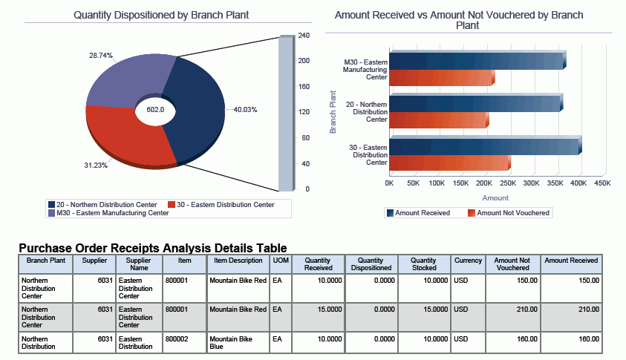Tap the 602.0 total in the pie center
click(x=155, y=110)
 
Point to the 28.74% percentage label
click(x=101, y=56)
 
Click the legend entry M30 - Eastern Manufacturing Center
click(x=108, y=213)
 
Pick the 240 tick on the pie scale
click(x=303, y=36)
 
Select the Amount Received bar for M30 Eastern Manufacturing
click(x=475, y=60)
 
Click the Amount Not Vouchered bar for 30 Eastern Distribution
click(x=449, y=163)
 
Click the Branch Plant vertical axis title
click(x=333, y=111)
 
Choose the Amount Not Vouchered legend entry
click(x=509, y=213)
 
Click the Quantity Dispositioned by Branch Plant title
click(x=161, y=15)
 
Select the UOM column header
click(x=281, y=261)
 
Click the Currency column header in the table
click(x=468, y=261)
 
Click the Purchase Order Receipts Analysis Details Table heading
click(x=152, y=248)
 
